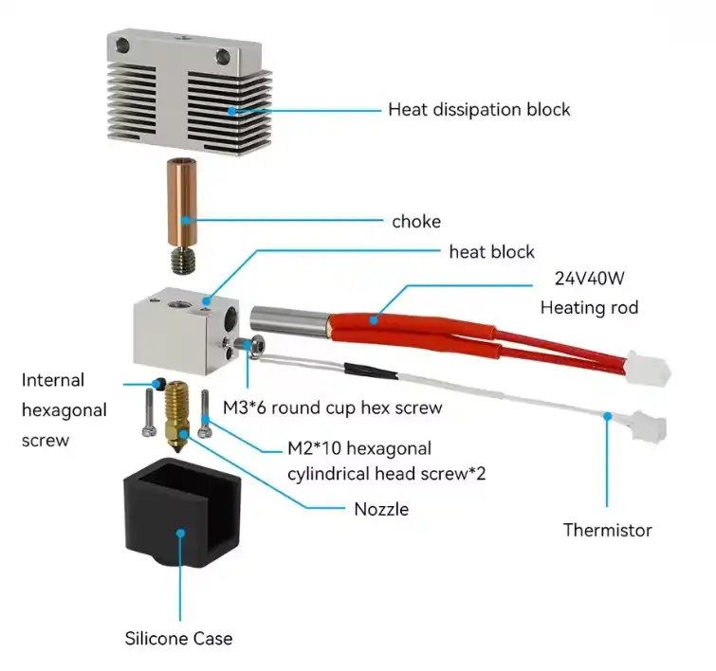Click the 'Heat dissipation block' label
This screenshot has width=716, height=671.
(x=479, y=110)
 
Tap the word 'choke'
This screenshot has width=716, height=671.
(x=416, y=222)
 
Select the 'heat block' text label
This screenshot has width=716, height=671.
(x=491, y=252)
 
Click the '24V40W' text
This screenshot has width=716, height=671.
(x=588, y=281)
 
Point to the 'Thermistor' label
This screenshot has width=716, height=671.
(x=607, y=530)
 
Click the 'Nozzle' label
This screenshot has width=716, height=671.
(x=381, y=509)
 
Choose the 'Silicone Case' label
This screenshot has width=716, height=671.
(x=178, y=638)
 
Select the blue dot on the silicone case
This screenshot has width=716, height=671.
(x=178, y=535)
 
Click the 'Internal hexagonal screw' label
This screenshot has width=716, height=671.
(x=64, y=410)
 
